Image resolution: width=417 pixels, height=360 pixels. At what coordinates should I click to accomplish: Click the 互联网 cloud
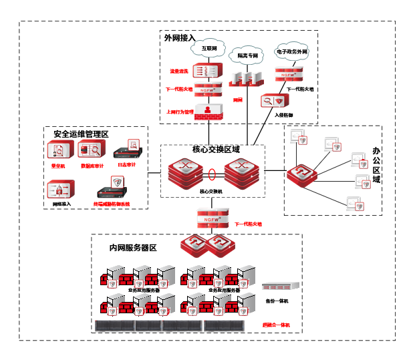pyautogui.click(x=209, y=49)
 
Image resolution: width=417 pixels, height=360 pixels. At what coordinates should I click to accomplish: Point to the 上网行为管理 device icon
pyautogui.click(x=208, y=110)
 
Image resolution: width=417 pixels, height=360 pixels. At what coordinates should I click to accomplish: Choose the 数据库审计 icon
pyautogui.click(x=91, y=149)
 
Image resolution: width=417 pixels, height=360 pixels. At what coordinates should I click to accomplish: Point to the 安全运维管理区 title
pyautogui.click(x=81, y=134)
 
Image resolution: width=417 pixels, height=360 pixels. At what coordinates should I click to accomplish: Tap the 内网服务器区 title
pyautogui.click(x=132, y=248)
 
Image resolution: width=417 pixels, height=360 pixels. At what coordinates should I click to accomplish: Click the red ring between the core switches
pyautogui.click(x=212, y=176)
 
